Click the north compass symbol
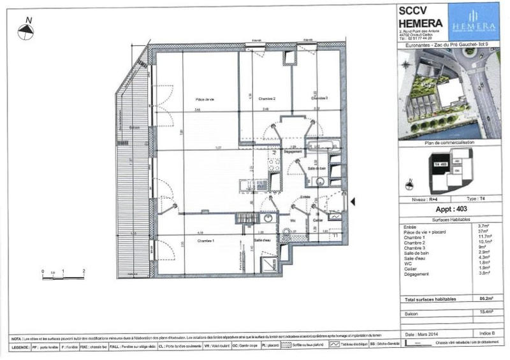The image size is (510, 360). coord(28,32)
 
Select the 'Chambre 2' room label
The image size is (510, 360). coord(266,99)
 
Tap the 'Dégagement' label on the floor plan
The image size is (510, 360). coord(293,151)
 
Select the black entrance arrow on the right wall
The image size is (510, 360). coord(354,201)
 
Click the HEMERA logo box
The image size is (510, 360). coord(473,22)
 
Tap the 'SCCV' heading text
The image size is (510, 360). coord(412,10)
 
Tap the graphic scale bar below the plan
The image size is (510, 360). coord(64,277)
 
